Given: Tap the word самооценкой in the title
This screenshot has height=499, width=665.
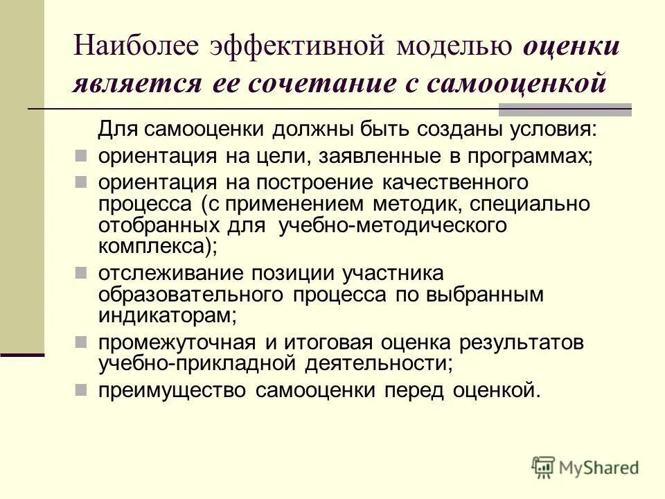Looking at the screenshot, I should click(x=517, y=84).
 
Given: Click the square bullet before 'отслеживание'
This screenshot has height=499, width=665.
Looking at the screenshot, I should click(x=80, y=270).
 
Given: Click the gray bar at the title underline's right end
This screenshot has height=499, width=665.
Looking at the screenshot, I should click(x=565, y=109).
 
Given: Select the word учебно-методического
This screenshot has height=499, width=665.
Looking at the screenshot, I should click(x=393, y=225).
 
